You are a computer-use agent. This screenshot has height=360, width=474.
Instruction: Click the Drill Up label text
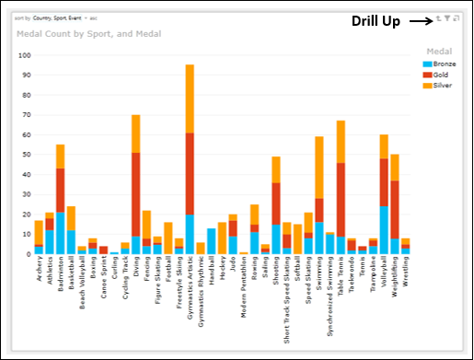(376, 21)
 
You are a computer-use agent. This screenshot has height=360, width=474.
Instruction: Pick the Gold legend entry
(437, 75)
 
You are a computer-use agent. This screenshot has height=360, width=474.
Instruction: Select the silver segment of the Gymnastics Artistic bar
(190, 99)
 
